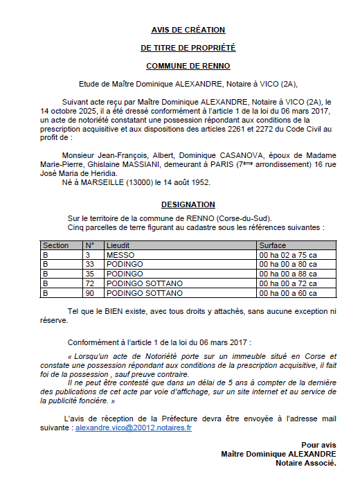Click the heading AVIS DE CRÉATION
click(188, 30)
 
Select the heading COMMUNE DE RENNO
click(188, 66)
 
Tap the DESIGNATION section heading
click(188, 205)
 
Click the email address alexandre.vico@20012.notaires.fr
click(134, 429)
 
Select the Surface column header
click(272, 245)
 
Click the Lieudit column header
click(118, 245)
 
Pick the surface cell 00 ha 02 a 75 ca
click(288, 255)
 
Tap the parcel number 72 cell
click(89, 284)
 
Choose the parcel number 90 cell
click(89, 294)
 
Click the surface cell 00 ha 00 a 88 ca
click(288, 274)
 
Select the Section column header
click(55, 245)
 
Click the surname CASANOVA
click(215, 156)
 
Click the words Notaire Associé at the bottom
click(305, 463)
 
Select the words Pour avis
click(318, 444)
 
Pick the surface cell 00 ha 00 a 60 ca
click(288, 294)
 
